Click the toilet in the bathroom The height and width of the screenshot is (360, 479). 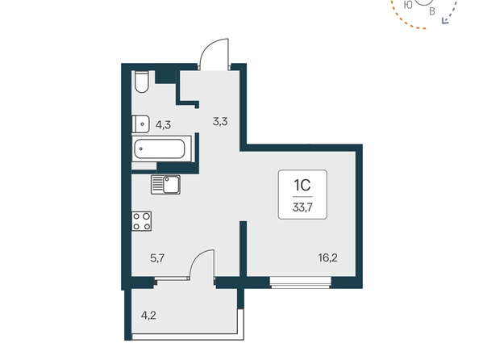(141, 82)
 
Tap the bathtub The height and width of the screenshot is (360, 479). (160, 149)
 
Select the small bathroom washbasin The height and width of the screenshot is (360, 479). (140, 123)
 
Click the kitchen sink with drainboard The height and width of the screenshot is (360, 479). (165, 184)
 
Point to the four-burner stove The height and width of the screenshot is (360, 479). (142, 221)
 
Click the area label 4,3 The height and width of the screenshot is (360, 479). (163, 125)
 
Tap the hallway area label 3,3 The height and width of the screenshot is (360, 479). (220, 122)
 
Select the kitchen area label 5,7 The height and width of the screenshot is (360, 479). (157, 258)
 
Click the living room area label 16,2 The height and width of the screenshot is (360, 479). (327, 257)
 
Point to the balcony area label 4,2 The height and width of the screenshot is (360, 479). (148, 315)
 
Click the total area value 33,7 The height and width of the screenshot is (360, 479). (302, 207)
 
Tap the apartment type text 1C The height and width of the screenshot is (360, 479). (302, 185)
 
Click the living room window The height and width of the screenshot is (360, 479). (301, 283)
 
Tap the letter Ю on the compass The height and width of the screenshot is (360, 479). (408, 5)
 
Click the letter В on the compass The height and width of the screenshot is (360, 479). (432, 11)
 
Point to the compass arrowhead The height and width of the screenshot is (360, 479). (445, 20)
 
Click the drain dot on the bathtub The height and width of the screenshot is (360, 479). (141, 149)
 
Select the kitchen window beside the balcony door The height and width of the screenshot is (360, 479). (172, 278)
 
